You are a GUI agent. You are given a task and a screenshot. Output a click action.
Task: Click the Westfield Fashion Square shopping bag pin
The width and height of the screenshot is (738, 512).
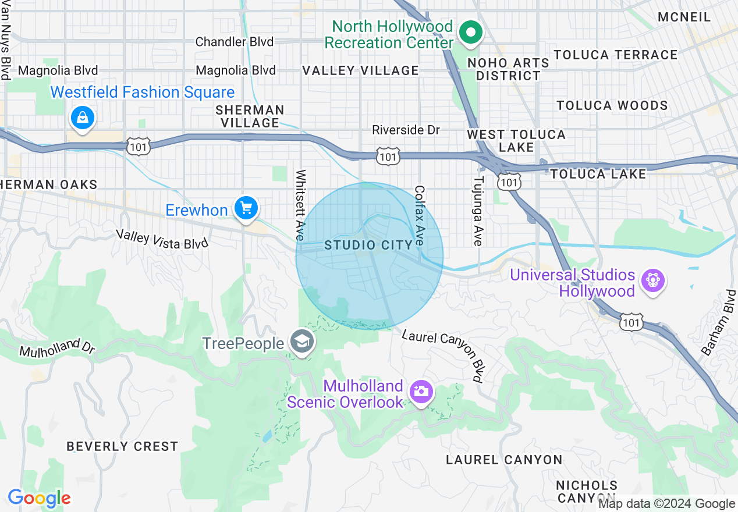coord(83,118)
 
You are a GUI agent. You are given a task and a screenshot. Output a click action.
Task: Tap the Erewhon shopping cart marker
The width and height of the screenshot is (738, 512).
coord(246,208)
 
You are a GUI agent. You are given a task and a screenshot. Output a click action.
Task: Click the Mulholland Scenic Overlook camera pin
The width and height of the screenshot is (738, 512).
coord(420,390)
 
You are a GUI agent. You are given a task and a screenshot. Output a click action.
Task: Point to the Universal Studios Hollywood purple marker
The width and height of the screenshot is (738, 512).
coord(652,282)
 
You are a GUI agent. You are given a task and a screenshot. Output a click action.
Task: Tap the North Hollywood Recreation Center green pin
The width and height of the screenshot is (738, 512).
coord(470,33)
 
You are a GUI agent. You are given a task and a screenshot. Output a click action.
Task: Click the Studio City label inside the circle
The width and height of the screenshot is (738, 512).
coord(368,245)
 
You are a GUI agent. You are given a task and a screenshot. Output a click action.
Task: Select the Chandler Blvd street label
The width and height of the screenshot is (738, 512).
coord(235,42)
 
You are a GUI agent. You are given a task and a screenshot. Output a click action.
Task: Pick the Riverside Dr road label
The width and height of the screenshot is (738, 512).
coord(406,130)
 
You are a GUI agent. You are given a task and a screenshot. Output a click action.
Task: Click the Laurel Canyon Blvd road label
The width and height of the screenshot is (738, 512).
coord(443,355)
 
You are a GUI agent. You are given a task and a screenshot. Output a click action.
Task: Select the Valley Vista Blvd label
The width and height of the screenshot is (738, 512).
coord(162,239)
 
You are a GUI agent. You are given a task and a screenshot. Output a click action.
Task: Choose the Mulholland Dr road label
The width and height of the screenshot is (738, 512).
coord(56,348)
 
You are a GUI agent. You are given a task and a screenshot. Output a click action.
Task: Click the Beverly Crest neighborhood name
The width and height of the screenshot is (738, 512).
coord(122,446)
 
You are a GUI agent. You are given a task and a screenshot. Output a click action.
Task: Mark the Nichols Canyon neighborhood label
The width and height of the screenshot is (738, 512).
coord(586,491)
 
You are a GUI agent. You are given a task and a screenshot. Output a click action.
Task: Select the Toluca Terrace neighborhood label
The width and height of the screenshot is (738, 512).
coord(615,55)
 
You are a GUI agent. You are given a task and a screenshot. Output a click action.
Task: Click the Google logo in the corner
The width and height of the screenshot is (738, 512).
coord(39,498)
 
